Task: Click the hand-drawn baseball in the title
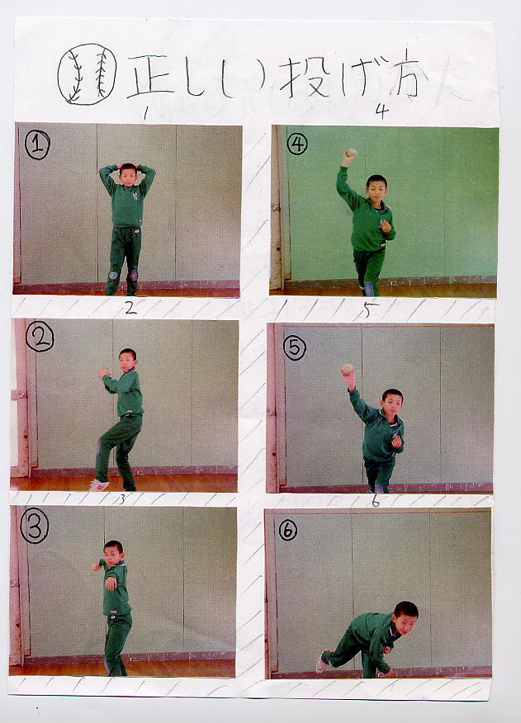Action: click(87, 74)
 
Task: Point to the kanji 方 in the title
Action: click(403, 74)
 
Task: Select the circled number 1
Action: click(37, 144)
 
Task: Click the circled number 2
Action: click(40, 337)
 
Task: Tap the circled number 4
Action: click(297, 144)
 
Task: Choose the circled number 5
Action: click(295, 347)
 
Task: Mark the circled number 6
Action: click(288, 531)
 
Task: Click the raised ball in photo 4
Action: click(352, 152)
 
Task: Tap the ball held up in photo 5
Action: click(347, 369)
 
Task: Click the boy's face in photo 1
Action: click(128, 176)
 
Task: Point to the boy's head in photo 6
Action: click(405, 617)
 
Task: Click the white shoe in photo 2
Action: click(99, 484)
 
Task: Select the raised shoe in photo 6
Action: click(323, 660)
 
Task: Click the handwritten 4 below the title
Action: click(381, 111)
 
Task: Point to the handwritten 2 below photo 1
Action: click(130, 308)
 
